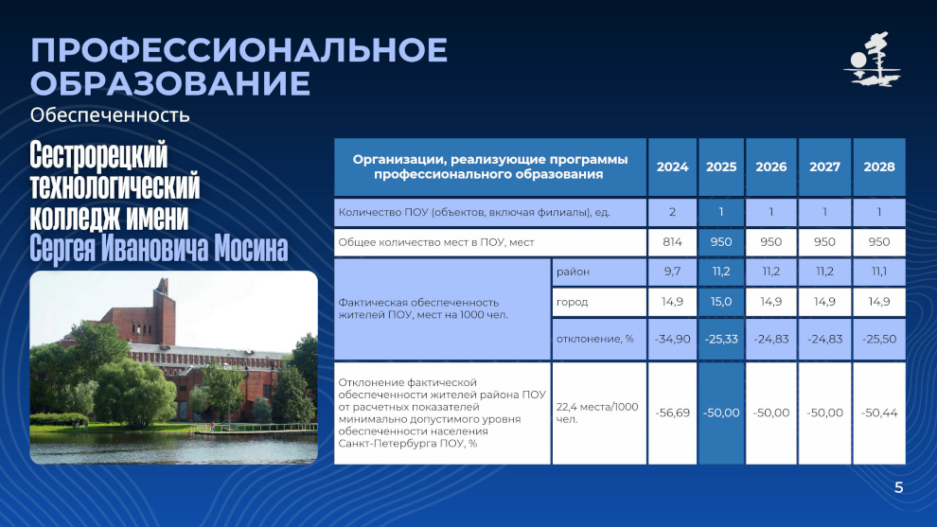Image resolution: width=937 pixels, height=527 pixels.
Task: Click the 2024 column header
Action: pyautogui.click(x=672, y=167)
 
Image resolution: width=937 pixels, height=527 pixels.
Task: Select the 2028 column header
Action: pyautogui.click(x=879, y=167)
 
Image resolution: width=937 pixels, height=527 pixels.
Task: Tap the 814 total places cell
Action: pyautogui.click(x=672, y=242)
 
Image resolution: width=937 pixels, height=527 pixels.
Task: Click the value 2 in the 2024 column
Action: pyautogui.click(x=672, y=212)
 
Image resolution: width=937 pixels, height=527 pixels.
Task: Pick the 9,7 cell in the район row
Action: pyautogui.click(x=672, y=272)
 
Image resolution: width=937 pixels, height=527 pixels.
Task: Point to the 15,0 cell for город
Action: pyautogui.click(x=721, y=302)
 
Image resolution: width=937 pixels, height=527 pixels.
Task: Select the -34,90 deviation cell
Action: pyautogui.click(x=672, y=339)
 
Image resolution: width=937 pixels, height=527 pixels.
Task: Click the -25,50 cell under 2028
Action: pyautogui.click(x=879, y=339)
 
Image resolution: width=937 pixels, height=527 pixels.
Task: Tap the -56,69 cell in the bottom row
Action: pyautogui.click(x=672, y=413)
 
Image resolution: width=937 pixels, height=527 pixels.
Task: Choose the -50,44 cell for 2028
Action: pyautogui.click(x=879, y=413)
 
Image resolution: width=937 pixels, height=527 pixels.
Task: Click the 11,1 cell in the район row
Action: pyautogui.click(x=879, y=272)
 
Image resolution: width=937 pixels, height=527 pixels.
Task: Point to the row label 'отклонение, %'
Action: pyautogui.click(x=594, y=339)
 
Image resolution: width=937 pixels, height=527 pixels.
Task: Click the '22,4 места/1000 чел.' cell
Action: pyautogui.click(x=597, y=413)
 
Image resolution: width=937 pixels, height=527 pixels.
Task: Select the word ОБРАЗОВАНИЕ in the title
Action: pyautogui.click(x=170, y=83)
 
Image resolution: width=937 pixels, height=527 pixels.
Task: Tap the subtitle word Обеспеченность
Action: pyautogui.click(x=110, y=114)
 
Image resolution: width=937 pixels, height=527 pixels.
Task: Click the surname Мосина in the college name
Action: pyautogui.click(x=251, y=248)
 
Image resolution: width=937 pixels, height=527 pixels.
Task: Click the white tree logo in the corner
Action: pyautogui.click(x=873, y=60)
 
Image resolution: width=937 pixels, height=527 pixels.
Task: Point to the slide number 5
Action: pyautogui.click(x=899, y=487)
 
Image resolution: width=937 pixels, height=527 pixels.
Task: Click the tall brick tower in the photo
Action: pyautogui.click(x=164, y=310)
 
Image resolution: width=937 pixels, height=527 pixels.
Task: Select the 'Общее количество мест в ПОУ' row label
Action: pyautogui.click(x=436, y=242)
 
